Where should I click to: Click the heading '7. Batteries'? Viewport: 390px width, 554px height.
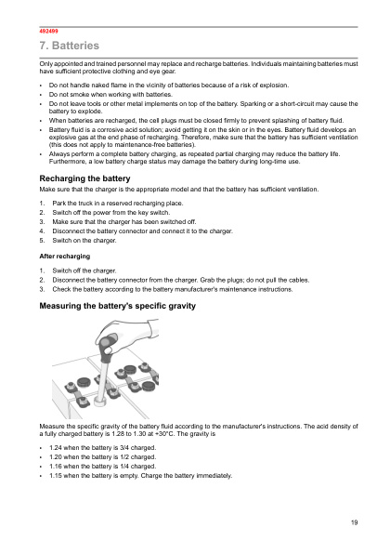click(69, 46)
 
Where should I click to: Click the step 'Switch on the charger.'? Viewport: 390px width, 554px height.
click(84, 240)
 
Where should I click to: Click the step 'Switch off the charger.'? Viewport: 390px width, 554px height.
click(84, 269)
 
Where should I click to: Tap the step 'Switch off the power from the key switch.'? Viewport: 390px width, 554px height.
click(110, 212)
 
